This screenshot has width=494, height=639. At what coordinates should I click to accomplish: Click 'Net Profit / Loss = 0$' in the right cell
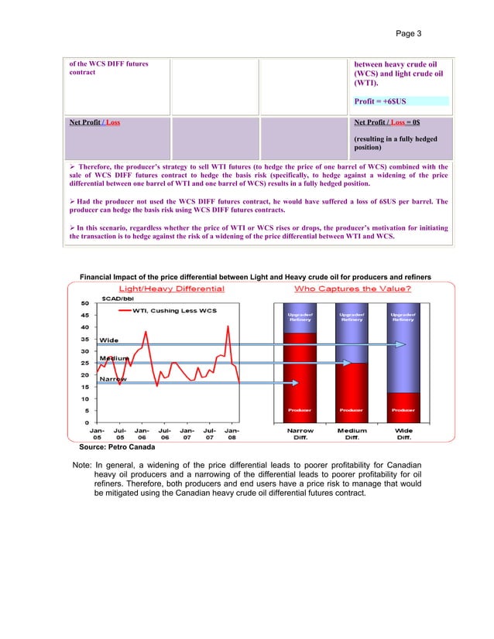[x=388, y=123]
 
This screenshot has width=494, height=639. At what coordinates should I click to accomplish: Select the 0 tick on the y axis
[x=87, y=422]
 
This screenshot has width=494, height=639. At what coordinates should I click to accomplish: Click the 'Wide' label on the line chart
[x=109, y=340]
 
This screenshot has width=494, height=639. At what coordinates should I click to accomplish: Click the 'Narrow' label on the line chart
[x=112, y=380]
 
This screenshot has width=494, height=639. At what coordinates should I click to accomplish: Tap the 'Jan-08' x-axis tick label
[x=232, y=436]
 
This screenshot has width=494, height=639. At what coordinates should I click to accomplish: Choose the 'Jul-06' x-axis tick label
[x=165, y=436]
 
